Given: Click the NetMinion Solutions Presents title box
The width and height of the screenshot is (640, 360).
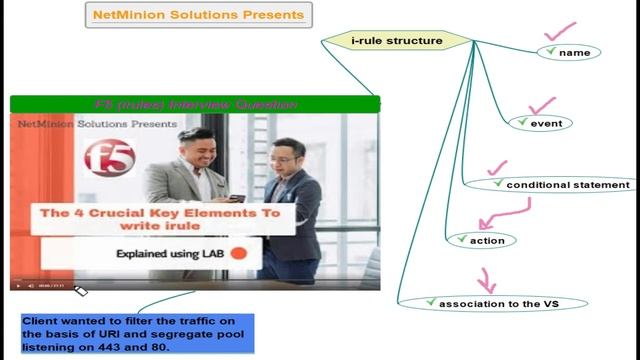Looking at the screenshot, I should click(196, 15).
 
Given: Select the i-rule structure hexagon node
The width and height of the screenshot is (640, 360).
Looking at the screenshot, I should click(396, 41).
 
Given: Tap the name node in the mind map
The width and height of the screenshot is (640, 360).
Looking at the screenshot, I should click(570, 52).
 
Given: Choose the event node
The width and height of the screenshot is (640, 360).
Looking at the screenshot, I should click(540, 123).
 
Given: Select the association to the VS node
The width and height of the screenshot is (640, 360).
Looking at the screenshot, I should click(492, 302).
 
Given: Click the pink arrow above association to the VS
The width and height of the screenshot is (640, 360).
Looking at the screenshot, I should click(486, 279).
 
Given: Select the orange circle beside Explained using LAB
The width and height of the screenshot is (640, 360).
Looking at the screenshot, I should click(238, 254).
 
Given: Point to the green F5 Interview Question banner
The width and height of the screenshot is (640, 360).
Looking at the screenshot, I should click(195, 104).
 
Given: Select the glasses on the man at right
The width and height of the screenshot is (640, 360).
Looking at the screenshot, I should click(282, 160).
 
